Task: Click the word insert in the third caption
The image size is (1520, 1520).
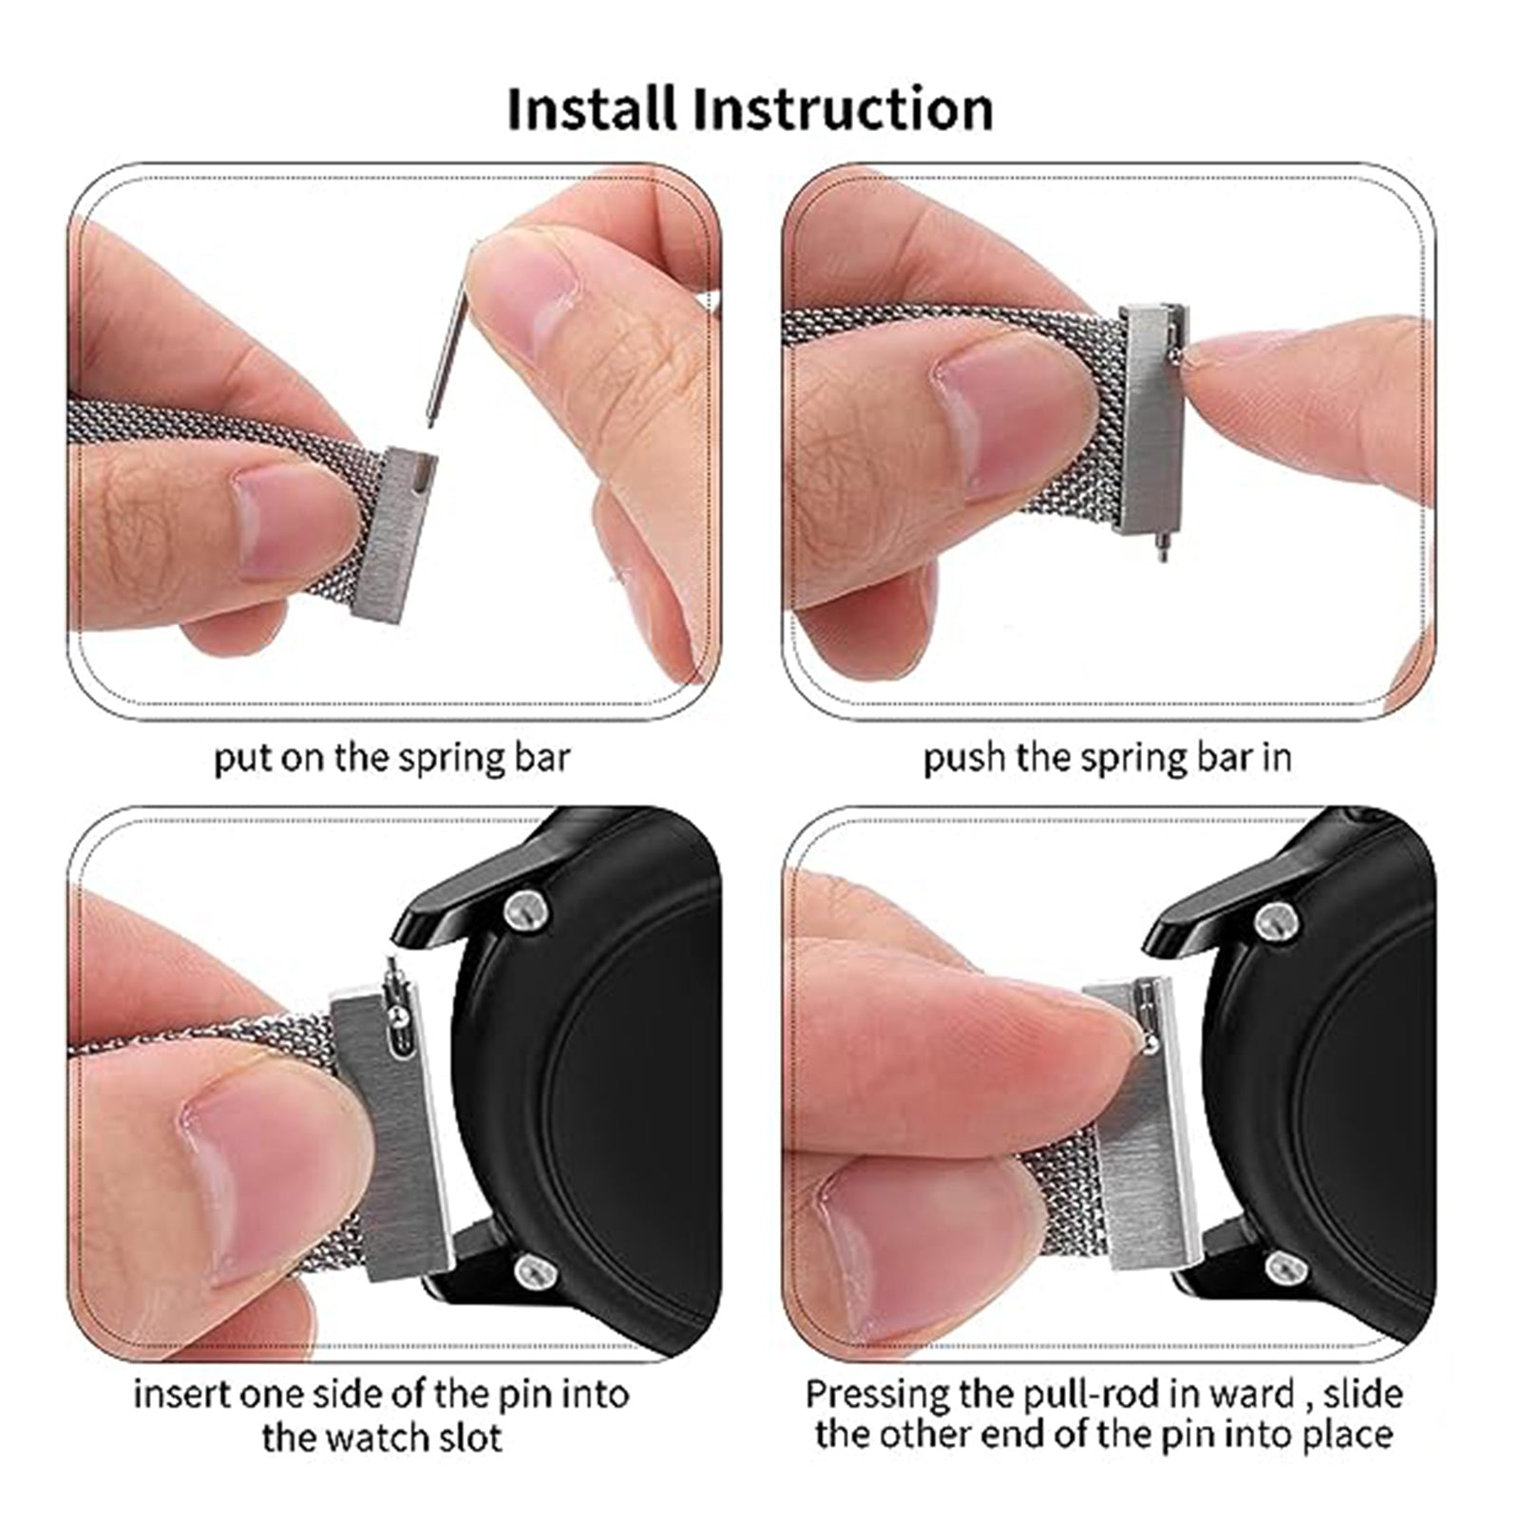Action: tap(180, 1396)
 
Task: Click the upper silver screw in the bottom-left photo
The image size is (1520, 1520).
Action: tap(526, 910)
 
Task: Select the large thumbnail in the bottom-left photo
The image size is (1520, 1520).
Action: tap(256, 1178)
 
